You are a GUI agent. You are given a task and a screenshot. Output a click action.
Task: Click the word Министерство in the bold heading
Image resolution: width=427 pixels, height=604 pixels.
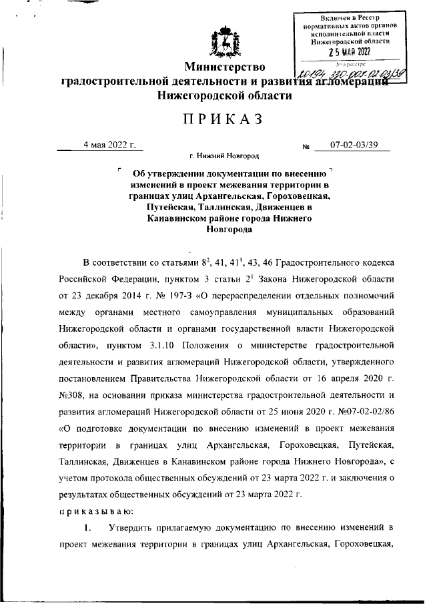pos(225,67)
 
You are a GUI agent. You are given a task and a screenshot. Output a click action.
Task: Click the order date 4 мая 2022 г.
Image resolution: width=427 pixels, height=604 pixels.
pos(109,145)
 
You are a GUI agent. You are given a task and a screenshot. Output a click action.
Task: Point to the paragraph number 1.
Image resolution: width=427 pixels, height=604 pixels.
pos(87,528)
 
